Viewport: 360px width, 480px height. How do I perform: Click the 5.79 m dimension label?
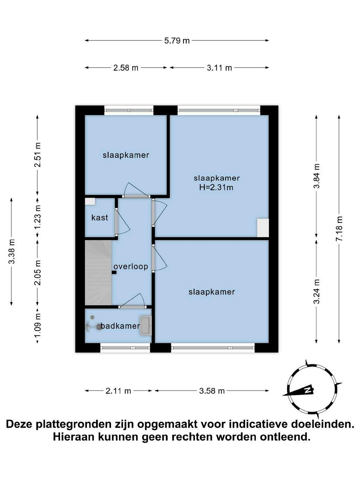pos(177,41)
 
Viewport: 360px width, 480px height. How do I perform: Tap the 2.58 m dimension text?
pos(126,68)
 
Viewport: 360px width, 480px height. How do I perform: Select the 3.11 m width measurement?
pos(219,68)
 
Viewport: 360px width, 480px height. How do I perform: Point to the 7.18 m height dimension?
pos(339,229)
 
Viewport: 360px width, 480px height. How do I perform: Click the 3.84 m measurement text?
pos(317,176)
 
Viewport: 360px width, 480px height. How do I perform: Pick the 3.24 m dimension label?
pos(317,291)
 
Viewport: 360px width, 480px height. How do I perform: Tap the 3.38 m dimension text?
pos(11,252)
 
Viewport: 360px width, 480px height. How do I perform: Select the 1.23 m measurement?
pos(37,218)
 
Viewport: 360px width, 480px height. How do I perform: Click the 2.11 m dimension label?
pos(118,391)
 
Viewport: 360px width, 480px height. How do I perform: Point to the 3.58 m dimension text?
pos(212,391)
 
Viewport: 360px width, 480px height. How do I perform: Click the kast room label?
pos(100,217)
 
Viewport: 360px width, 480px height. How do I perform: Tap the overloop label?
pos(131,267)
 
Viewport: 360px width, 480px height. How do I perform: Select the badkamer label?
pos(120,326)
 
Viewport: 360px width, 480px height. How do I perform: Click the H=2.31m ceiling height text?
pos(216,187)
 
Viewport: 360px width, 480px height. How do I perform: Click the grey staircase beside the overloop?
pos(98,273)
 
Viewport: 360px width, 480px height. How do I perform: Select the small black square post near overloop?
pos(114,273)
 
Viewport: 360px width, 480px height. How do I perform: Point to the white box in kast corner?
pos(90,202)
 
